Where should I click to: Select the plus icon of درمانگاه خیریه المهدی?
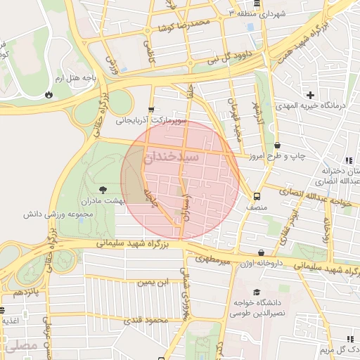pyautogui.click(x=310, y=94)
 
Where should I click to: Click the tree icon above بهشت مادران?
pyautogui.click(x=104, y=189)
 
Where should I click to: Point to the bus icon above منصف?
pyautogui.click(x=257, y=197)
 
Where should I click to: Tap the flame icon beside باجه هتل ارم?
pyautogui.click(x=49, y=94)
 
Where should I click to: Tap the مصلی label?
pyautogui.click(x=18, y=346)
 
